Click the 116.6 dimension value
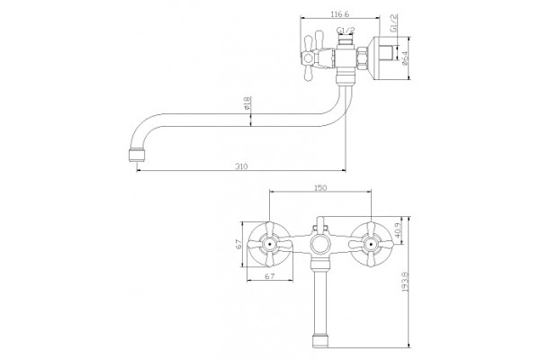click(340, 14)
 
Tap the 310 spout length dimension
click(241, 166)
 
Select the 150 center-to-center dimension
click(320, 188)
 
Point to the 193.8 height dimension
click(405, 282)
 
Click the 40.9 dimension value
click(397, 229)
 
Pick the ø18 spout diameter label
click(247, 103)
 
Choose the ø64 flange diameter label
click(404, 58)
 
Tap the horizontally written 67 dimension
click(270, 276)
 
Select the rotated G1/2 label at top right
click(393, 23)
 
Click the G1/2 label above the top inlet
click(346, 31)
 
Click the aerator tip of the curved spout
click(137, 156)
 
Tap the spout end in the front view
click(320, 340)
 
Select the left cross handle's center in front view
click(270, 245)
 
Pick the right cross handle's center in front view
click(371, 245)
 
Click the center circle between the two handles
click(320, 245)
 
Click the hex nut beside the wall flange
click(362, 58)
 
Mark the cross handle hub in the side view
click(307, 58)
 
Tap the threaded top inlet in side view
click(346, 42)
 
